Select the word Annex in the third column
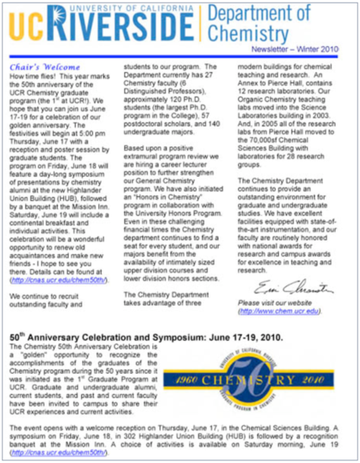(x=256, y=91)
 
